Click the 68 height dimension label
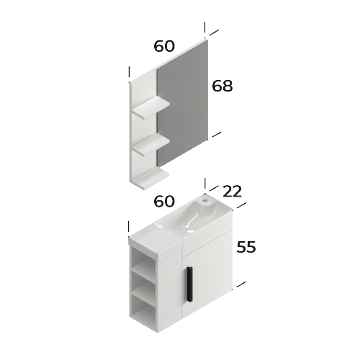coord(222,86)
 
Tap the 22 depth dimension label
coord(232,192)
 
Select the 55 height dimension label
coord(246,246)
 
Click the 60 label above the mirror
coord(164,46)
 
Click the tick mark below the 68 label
coord(215,134)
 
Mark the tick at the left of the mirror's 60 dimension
coord(129,73)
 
